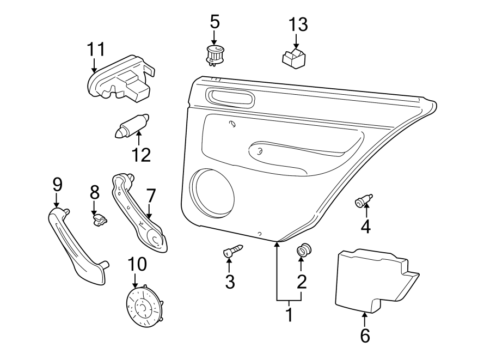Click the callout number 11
[x=96, y=50]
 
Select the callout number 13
[x=298, y=25]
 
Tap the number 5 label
[x=215, y=22]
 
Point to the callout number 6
[x=364, y=336]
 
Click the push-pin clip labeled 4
[x=364, y=202]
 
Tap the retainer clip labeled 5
[x=215, y=54]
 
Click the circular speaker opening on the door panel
[x=213, y=192]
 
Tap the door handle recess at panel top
[x=230, y=99]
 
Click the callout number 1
[x=289, y=315]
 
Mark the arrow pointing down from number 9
[x=57, y=201]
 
